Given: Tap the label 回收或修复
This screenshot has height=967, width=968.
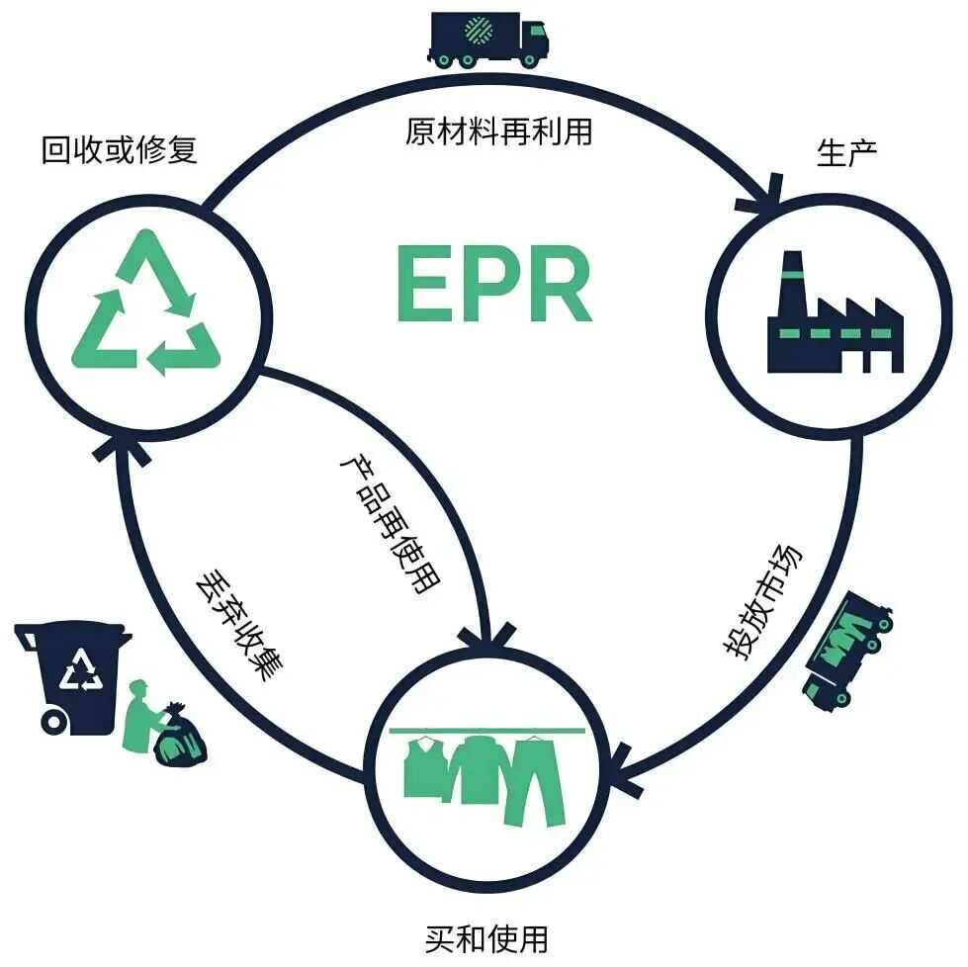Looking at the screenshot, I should pos(120,150).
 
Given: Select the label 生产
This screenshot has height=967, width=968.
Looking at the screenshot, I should pos(847,154).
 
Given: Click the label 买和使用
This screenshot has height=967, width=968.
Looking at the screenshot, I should pos(485,938).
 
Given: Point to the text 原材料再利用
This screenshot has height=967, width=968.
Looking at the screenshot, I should pos(498,132).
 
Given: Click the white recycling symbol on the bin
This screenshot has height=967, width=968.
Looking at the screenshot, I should pos(80,672).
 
